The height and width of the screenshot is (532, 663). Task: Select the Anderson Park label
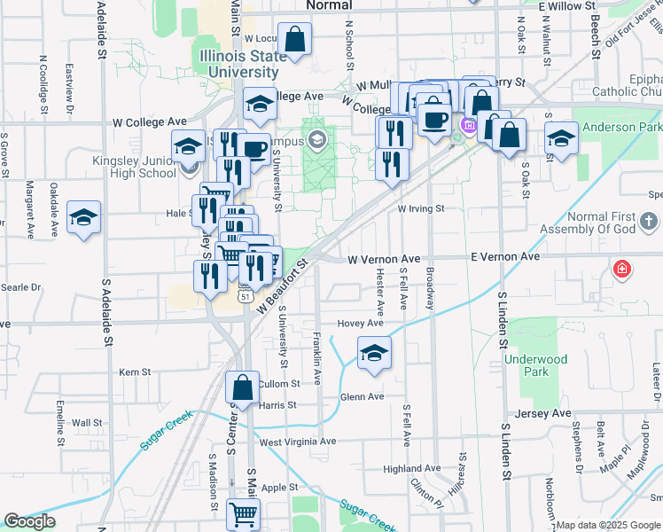coord(621,127)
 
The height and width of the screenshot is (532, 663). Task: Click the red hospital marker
coord(622,269)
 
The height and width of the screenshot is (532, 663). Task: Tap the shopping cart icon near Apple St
coord(242,512)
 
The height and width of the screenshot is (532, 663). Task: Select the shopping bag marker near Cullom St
coord(243,387)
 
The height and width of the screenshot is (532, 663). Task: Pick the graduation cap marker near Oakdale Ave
coord(84,217)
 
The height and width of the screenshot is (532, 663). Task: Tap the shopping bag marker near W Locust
coord(294,39)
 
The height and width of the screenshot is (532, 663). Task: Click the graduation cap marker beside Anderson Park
coord(561,138)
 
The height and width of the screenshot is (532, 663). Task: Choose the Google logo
coord(29,521)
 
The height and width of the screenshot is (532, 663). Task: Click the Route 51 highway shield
coord(244,299)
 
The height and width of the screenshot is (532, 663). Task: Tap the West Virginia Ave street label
coord(298,441)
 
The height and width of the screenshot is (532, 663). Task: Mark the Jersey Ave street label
coord(550,414)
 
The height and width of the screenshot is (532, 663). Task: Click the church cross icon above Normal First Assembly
coord(648,221)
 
